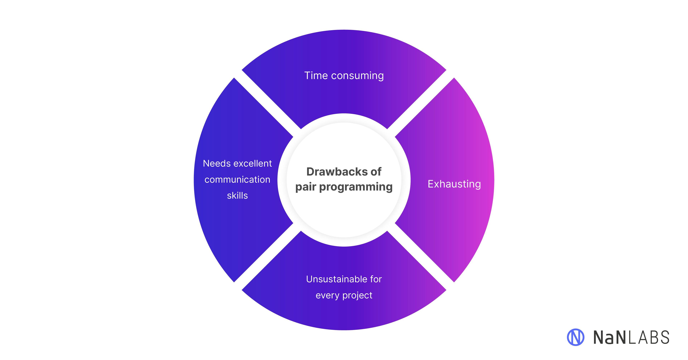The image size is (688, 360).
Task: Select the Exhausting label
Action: [x=454, y=184]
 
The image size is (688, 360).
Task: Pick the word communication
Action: [x=237, y=180]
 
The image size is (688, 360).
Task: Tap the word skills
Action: [x=237, y=196]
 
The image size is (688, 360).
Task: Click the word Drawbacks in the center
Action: [x=336, y=172]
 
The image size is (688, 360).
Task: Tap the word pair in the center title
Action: [x=305, y=187]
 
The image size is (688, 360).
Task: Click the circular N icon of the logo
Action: [x=575, y=337]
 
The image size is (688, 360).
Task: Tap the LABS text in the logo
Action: [x=649, y=337]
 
